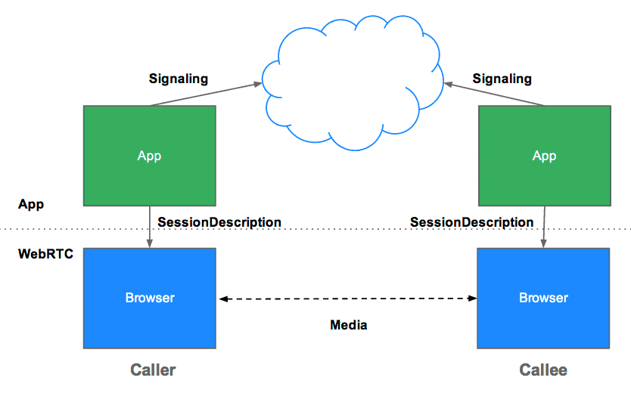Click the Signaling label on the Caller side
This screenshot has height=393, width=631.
pos(179,79)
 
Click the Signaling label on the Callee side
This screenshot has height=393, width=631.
pos(502,79)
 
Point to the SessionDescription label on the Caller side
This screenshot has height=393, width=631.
pos(219,222)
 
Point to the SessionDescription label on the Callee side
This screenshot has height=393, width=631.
pos(471,222)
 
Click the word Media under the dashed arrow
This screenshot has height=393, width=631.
pos(349,325)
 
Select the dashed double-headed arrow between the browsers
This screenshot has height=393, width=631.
pos(348,299)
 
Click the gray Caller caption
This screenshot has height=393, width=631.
pos(153,370)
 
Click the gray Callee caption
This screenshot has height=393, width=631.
pos(542,370)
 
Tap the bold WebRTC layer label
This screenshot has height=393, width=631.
pos(45,255)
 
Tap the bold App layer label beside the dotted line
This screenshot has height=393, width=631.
pos(31,204)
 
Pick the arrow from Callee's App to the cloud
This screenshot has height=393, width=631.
pos(496,94)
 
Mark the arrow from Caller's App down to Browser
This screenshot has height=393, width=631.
pos(150,226)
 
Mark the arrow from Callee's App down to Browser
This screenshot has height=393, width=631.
pos(543,226)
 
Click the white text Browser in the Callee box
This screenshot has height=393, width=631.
pos(543,298)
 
